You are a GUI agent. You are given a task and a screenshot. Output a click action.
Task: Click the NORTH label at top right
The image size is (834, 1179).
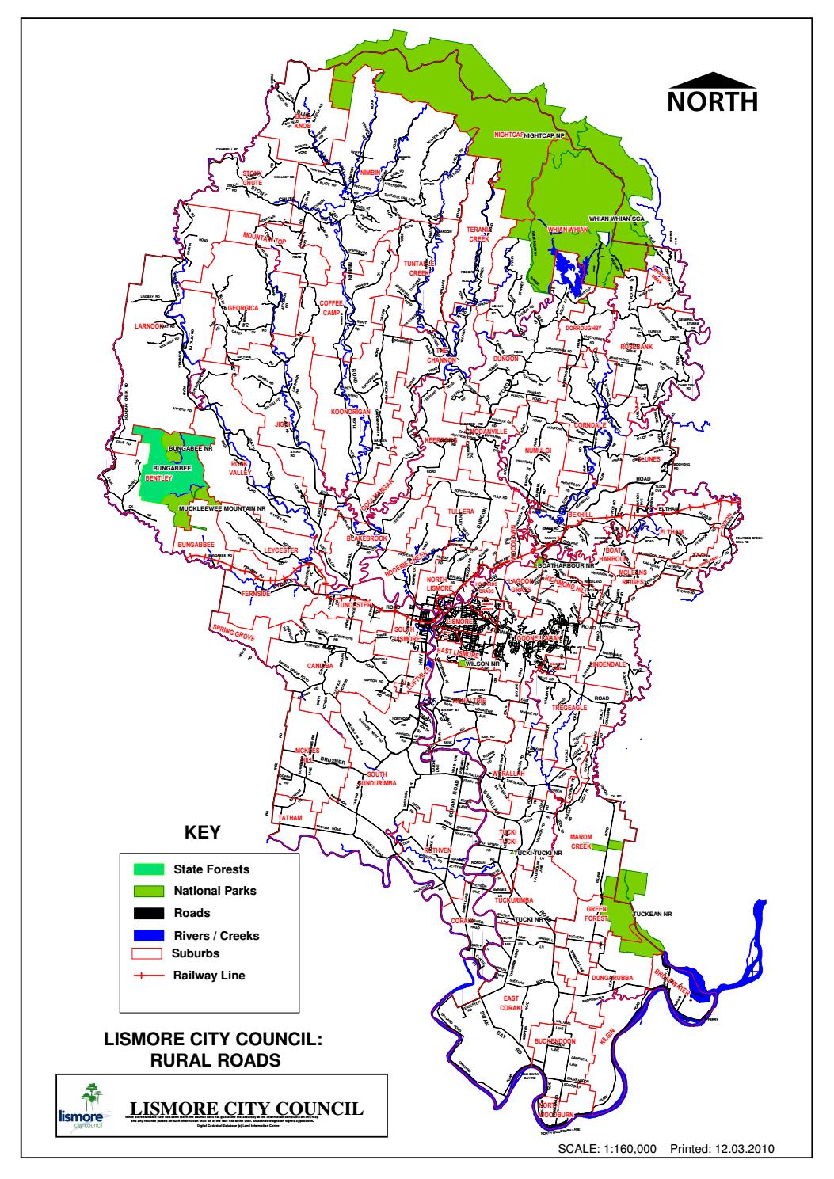pos(712,102)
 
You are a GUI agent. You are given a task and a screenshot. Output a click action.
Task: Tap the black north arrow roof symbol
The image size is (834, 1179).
pos(712,78)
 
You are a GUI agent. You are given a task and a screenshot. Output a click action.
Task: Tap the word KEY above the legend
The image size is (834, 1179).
pos(202,833)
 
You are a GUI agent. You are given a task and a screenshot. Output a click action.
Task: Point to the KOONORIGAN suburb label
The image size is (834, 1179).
pos(352,413)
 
